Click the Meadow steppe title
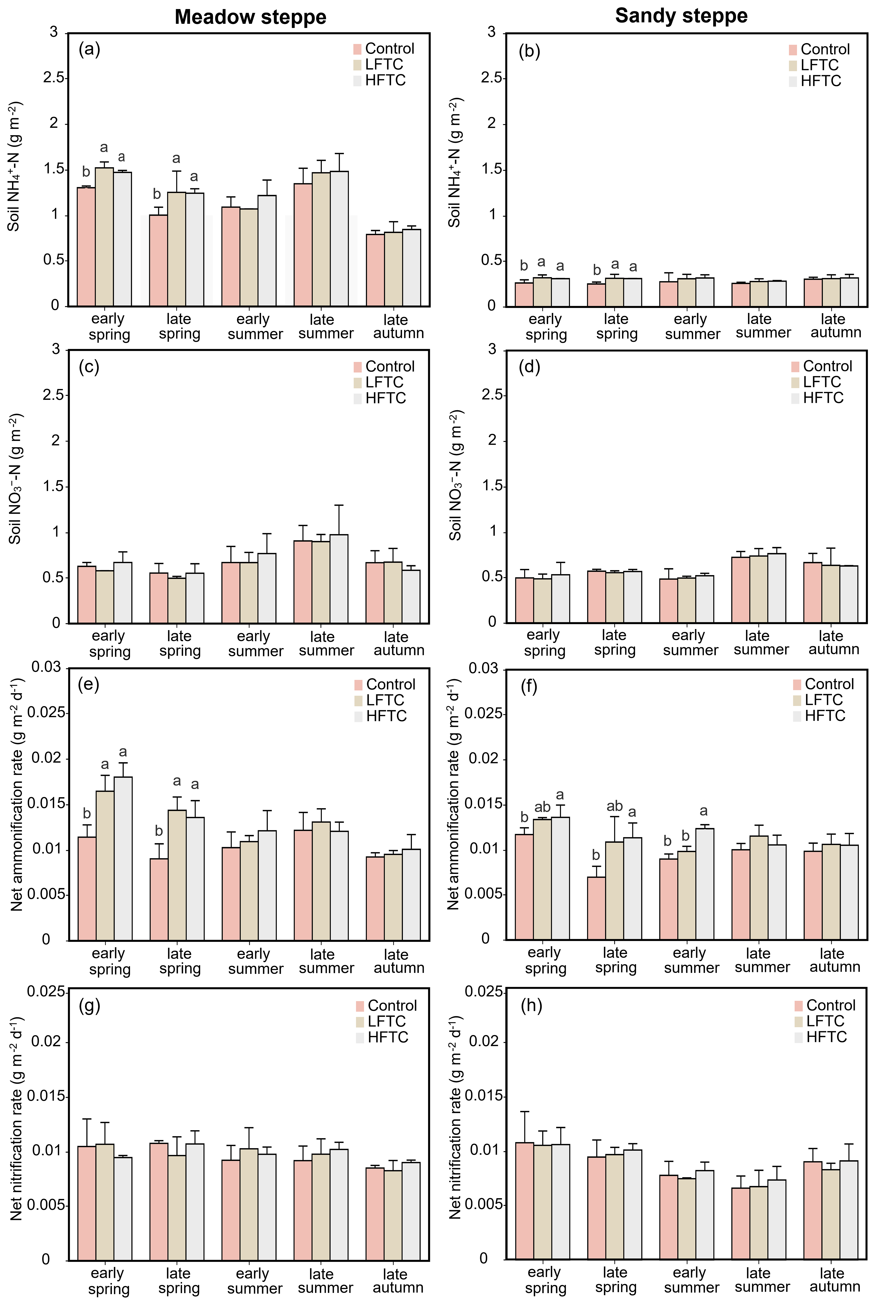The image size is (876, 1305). click(250, 17)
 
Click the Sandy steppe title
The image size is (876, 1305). click(681, 16)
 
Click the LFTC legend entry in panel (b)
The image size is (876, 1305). click(819, 65)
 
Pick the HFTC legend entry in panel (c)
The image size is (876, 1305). click(385, 398)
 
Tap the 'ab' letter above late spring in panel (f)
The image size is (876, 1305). click(615, 806)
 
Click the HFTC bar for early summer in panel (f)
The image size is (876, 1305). click(705, 884)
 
